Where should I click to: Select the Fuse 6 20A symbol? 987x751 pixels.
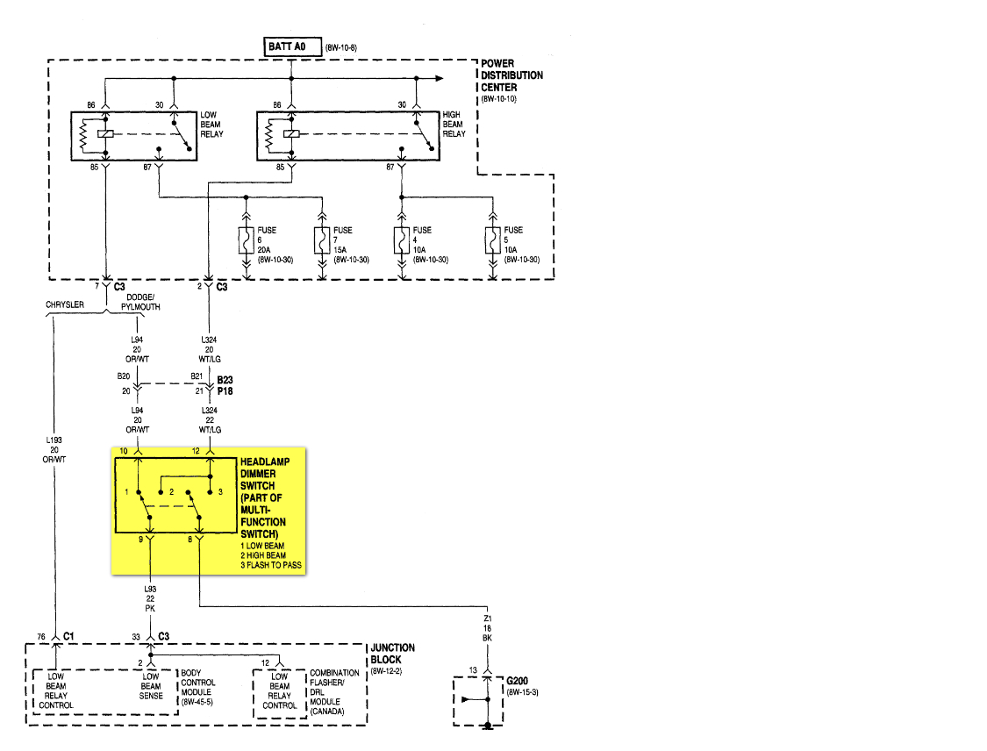[247, 241]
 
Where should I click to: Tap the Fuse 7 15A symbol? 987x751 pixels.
[322, 241]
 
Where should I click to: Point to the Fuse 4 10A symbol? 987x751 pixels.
[402, 241]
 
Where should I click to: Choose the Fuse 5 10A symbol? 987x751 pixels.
[493, 241]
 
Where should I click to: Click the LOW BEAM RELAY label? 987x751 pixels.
[211, 125]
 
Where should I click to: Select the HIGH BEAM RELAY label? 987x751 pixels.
[454, 125]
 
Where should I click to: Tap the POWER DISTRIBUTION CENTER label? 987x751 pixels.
[511, 75]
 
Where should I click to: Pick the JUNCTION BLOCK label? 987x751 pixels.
[392, 654]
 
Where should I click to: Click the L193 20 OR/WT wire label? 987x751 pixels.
[54, 449]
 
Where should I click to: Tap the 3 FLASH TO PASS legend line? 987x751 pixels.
[271, 565]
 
